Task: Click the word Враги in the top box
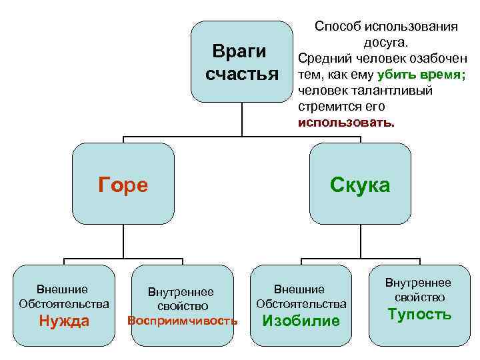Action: (239, 52)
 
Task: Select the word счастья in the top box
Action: (241, 74)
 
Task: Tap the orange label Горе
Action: (123, 185)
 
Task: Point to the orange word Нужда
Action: (64, 321)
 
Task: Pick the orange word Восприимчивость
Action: (182, 321)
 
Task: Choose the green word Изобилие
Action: (301, 321)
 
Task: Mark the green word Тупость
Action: (421, 314)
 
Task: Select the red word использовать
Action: (346, 123)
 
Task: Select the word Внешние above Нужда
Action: (63, 289)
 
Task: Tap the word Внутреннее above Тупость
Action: (421, 283)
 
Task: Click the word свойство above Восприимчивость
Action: (183, 306)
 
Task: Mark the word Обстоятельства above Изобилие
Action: (301, 304)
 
